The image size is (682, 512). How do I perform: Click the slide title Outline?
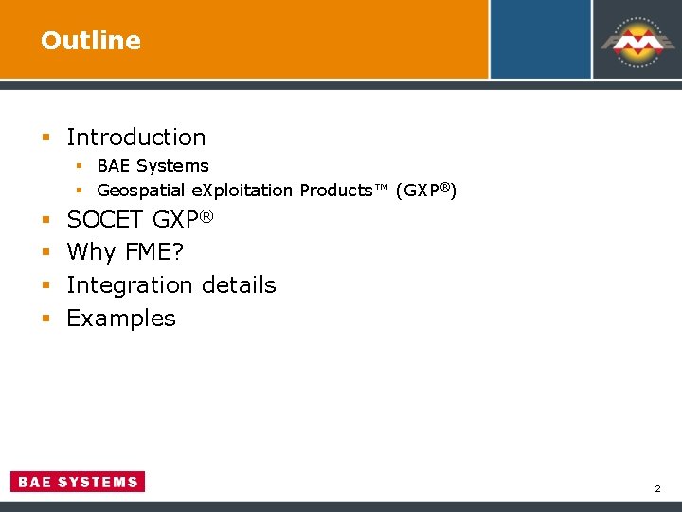91,41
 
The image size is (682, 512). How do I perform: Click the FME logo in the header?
637,42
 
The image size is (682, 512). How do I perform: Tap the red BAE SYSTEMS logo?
78,482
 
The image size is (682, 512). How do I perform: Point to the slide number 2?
656,489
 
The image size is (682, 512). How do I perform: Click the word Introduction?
135,137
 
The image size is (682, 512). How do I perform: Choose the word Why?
91,252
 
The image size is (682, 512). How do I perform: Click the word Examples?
121,319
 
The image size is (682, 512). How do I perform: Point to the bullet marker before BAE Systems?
81,167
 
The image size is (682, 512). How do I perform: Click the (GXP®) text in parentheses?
426,191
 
